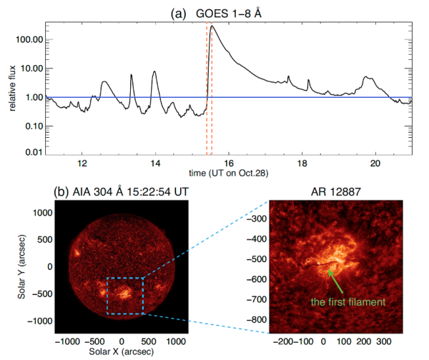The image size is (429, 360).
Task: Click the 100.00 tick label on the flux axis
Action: pyautogui.click(x=29, y=39)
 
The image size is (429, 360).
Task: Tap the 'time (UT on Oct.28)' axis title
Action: pyautogui.click(x=228, y=173)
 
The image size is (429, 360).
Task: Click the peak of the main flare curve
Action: pyautogui.click(x=212, y=26)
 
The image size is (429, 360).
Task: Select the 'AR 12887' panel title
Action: pyautogui.click(x=340, y=191)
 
